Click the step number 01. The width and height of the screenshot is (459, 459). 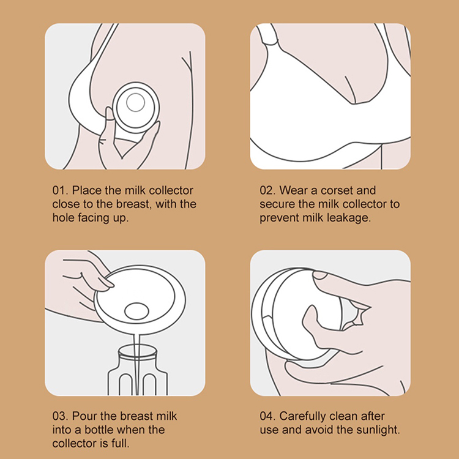coord(60,190)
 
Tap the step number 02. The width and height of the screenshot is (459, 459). coord(267,190)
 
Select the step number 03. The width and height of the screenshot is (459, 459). coord(60,416)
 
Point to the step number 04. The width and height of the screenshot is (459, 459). coord(267,416)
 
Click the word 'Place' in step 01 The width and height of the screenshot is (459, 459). coord(87,190)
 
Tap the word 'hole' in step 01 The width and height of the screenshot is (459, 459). coord(63,218)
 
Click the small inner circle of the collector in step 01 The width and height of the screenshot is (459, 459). coord(135,103)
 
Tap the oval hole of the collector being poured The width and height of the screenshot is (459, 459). coord(136,311)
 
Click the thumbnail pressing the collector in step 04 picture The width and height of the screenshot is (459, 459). coord(320,275)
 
